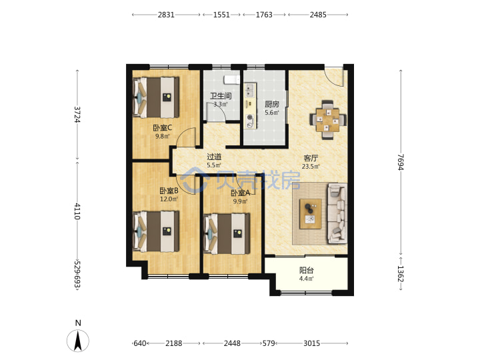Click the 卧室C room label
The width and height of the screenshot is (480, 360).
(163, 127)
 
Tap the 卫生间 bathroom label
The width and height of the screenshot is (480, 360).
(221, 96)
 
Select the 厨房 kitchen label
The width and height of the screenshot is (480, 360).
(272, 104)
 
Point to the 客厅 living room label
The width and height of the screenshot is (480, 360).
(311, 158)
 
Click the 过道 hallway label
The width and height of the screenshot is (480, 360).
(214, 157)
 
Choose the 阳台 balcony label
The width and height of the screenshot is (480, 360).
(307, 271)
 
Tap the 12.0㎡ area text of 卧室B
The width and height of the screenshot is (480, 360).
(169, 199)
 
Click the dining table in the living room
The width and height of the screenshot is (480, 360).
(328, 120)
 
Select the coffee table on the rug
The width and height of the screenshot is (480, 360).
(311, 214)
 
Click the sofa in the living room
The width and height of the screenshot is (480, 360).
(337, 213)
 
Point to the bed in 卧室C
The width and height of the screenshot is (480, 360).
(156, 97)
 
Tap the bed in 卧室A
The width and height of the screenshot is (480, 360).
(227, 234)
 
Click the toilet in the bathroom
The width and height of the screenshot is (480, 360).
(232, 79)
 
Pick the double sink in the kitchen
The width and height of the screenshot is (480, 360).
(250, 90)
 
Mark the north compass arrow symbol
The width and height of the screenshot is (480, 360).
(78, 341)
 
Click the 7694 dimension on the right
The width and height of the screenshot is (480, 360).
(401, 162)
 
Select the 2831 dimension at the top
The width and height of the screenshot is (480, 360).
(166, 15)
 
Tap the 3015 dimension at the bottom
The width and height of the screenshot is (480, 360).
(311, 343)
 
